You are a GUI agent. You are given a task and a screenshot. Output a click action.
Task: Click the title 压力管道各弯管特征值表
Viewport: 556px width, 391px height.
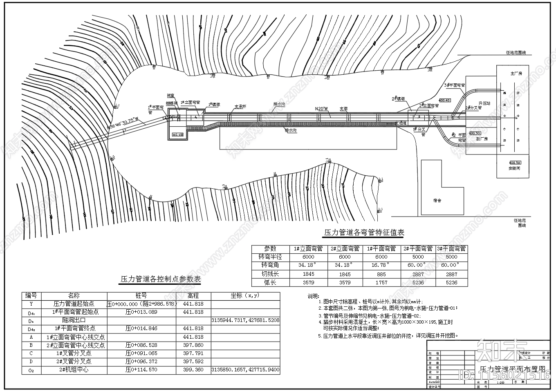(364, 232)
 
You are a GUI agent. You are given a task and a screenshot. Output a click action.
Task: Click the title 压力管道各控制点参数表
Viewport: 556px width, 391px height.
(160, 279)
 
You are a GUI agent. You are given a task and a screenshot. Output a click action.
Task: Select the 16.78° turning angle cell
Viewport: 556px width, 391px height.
(381, 265)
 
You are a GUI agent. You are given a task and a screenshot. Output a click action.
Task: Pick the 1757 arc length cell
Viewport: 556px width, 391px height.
(381, 282)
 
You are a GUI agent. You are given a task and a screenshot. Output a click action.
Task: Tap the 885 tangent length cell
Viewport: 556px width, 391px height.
(381, 274)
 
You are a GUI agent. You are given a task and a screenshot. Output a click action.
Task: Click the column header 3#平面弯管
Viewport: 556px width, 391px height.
(451, 248)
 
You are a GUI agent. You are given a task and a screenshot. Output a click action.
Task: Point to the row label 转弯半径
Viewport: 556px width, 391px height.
(270, 257)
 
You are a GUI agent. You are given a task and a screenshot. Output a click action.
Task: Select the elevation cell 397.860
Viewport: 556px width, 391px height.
(193, 345)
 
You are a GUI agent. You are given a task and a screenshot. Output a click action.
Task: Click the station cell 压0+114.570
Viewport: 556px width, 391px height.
(141, 370)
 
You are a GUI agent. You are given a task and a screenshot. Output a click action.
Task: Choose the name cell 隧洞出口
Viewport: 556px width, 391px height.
(74, 320)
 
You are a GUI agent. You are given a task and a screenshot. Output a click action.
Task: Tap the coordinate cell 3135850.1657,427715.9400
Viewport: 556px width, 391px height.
(245, 370)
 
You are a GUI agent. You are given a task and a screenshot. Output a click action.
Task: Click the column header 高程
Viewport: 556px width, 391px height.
(193, 295)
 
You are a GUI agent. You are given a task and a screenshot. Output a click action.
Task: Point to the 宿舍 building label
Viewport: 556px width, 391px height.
(437, 201)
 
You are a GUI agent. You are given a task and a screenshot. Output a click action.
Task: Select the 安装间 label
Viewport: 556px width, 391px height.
(514, 168)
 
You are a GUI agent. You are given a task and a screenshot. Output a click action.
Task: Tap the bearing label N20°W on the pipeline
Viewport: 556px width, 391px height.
(321, 109)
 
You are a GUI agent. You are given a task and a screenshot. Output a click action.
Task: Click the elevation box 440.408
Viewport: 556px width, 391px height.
(178, 134)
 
